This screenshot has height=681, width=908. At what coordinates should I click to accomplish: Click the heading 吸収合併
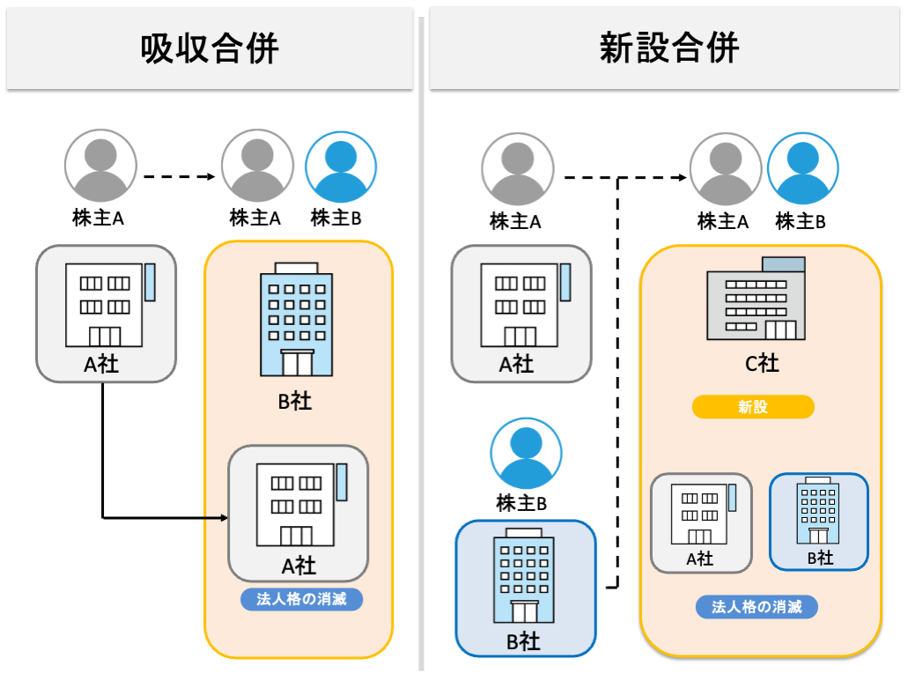pos(210,48)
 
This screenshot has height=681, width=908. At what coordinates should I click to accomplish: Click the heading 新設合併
pos(668,48)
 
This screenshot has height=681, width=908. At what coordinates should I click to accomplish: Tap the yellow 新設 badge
pos(753,407)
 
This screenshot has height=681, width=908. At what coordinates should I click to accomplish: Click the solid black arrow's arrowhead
pos(221,517)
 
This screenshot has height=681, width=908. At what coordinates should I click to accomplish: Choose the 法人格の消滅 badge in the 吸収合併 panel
pos(302,600)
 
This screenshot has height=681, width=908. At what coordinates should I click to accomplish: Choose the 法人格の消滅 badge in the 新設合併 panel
pos(757,607)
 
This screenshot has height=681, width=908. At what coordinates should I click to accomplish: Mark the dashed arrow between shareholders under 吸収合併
pos(179,177)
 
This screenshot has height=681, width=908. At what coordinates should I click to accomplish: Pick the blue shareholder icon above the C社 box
pos(803,167)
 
